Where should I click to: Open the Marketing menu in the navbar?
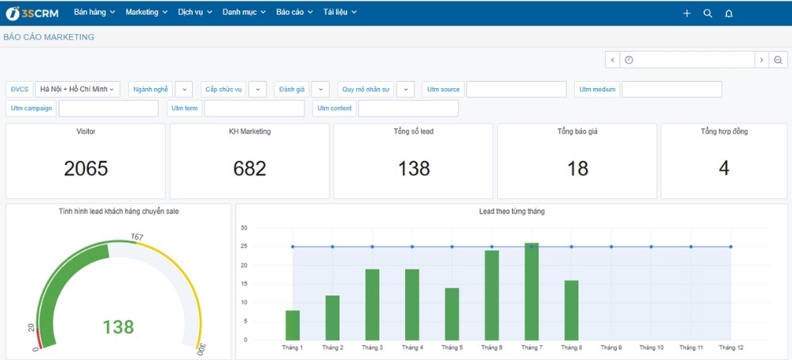point(146,13)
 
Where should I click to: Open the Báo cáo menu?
point(294,13)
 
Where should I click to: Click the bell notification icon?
point(729,13)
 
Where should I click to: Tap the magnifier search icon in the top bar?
point(708,13)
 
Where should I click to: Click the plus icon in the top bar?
point(687,13)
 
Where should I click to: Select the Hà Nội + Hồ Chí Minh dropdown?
point(77,90)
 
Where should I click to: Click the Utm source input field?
point(516,90)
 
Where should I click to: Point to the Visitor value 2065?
point(86,168)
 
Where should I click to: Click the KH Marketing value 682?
point(250,168)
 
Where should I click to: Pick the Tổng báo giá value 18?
point(577,168)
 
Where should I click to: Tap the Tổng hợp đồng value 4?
point(724,168)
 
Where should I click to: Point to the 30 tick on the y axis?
point(244,228)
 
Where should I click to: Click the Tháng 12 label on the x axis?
point(731,347)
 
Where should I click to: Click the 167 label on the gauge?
point(136,236)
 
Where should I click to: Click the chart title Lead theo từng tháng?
point(511,212)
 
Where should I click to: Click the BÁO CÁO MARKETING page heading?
point(49,37)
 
